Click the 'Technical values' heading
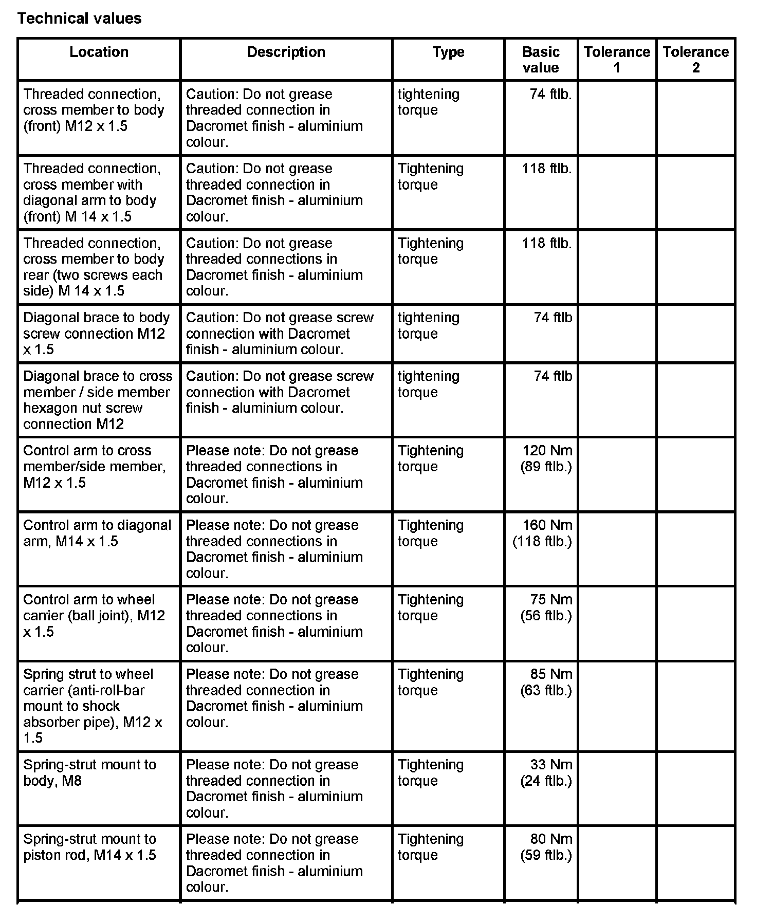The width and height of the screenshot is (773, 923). click(x=79, y=19)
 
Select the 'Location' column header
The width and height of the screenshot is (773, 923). click(x=99, y=52)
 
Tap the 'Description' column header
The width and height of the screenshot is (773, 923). click(x=286, y=52)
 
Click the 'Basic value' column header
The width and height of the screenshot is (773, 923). click(x=540, y=60)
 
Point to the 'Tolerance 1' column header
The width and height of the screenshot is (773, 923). click(x=617, y=60)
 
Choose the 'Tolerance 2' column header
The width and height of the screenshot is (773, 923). click(x=695, y=60)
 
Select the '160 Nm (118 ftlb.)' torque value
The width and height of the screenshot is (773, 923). click(x=543, y=533)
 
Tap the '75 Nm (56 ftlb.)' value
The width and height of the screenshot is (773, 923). click(x=546, y=607)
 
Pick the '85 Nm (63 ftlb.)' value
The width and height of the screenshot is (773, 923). click(x=546, y=682)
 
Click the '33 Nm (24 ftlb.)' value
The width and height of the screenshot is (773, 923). click(x=546, y=772)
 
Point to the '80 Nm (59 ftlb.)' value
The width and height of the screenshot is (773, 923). click(x=546, y=847)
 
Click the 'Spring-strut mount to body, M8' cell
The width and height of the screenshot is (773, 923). click(x=89, y=772)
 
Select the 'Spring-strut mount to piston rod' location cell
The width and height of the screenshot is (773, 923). click(x=89, y=847)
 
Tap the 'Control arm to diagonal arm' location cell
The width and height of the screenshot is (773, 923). click(x=97, y=533)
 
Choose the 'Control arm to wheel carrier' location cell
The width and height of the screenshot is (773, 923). click(x=94, y=615)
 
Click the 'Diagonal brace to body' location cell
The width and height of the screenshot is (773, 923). click(x=96, y=333)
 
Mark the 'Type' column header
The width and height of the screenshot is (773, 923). click(x=448, y=52)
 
